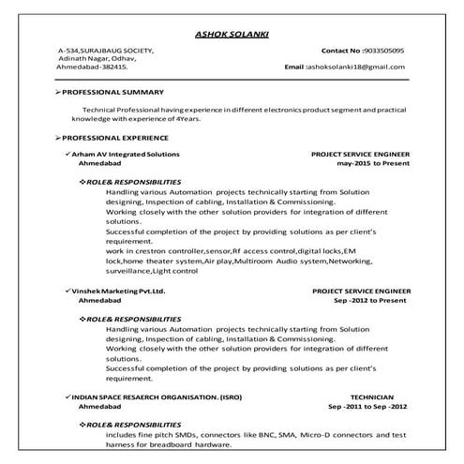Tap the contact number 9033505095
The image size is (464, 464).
click(382, 50)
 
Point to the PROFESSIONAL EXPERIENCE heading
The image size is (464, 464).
click(117, 137)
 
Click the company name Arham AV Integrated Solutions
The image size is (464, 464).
click(127, 152)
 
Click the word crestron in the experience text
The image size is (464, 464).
click(152, 250)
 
